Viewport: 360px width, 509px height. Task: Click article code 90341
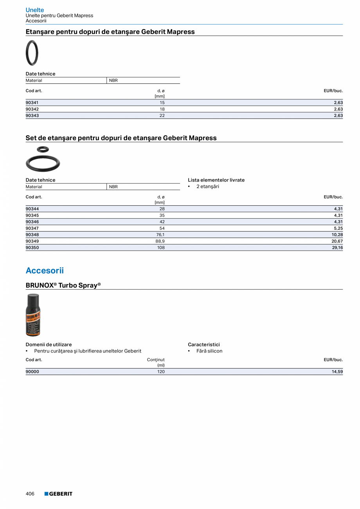[x=32, y=103]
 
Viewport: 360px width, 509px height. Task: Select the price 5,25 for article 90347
[x=338, y=228]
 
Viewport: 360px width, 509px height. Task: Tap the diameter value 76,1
[x=160, y=235]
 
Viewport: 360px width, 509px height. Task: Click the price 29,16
[x=337, y=248]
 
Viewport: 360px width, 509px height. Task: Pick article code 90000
[x=32, y=372]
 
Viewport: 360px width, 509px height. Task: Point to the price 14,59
[x=337, y=372]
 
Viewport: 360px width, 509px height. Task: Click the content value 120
[x=161, y=372]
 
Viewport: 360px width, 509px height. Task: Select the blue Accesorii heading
[x=45, y=271]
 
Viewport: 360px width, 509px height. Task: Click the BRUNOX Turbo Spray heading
[x=63, y=285]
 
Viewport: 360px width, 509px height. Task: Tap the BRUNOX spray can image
[x=33, y=315]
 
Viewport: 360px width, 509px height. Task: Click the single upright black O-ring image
[x=32, y=53]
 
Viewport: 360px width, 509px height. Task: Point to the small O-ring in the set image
[x=43, y=149]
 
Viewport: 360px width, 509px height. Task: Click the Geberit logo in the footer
[x=58, y=494]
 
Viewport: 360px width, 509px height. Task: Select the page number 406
[x=30, y=494]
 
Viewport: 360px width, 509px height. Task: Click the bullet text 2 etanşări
[x=207, y=187]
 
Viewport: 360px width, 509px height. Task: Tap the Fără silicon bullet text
[x=209, y=351]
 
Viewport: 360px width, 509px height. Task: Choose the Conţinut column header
[x=156, y=360]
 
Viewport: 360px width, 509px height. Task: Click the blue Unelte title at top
[x=35, y=10]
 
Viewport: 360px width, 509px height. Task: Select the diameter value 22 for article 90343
[x=162, y=115]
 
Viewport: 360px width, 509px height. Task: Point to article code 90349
[x=32, y=241]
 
